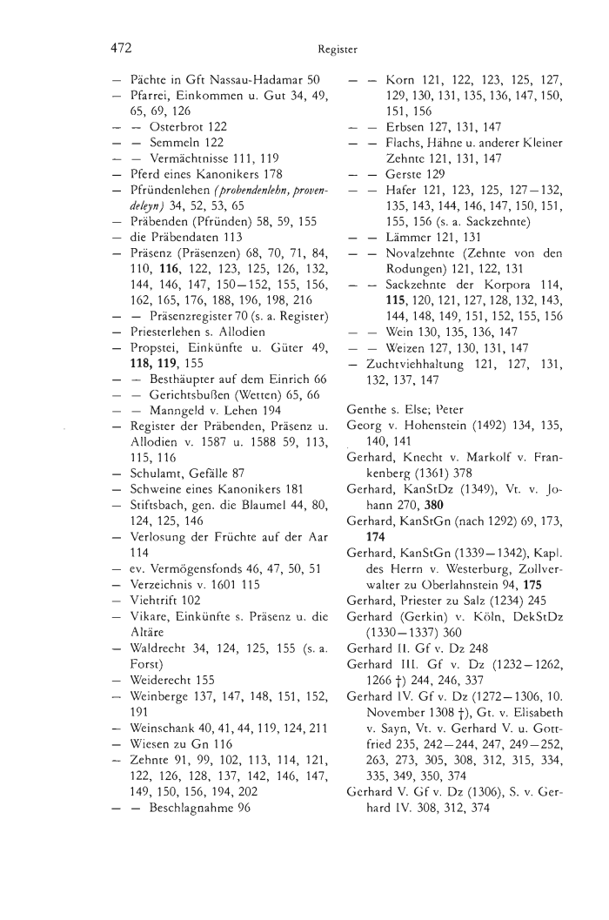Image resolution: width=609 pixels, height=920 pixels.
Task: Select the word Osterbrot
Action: pyautogui.click(x=174, y=126)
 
